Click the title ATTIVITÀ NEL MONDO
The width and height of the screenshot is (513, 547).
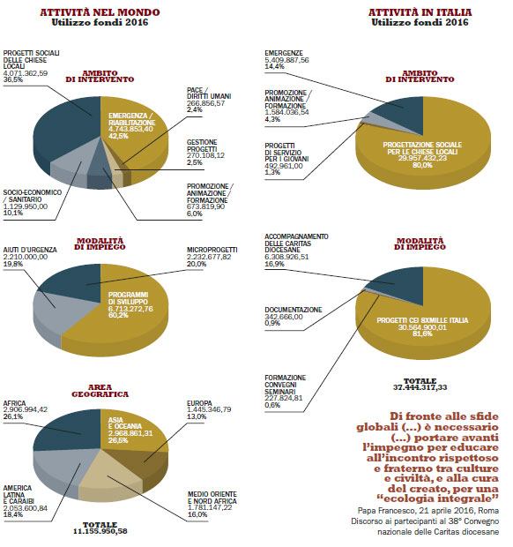100,12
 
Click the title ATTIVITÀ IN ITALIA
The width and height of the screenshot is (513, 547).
420,12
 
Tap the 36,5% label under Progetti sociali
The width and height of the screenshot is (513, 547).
13,79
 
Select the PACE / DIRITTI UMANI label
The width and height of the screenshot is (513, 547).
209,94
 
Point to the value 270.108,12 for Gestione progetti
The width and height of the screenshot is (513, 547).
205,155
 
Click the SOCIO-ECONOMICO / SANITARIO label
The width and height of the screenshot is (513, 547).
32,196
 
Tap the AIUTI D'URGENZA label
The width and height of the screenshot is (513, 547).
30,251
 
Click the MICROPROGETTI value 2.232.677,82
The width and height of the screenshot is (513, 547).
209,257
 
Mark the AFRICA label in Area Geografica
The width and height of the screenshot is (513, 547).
14,403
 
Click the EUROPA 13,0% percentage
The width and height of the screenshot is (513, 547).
197,416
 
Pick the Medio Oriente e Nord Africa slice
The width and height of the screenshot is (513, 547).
112,478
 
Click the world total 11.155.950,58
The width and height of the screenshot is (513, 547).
100,531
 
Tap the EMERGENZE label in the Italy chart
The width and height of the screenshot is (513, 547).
284,53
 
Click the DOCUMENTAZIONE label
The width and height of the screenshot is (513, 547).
294,310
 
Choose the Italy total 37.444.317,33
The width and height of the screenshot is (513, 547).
420,387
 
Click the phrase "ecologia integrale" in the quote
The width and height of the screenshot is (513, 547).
438,498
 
